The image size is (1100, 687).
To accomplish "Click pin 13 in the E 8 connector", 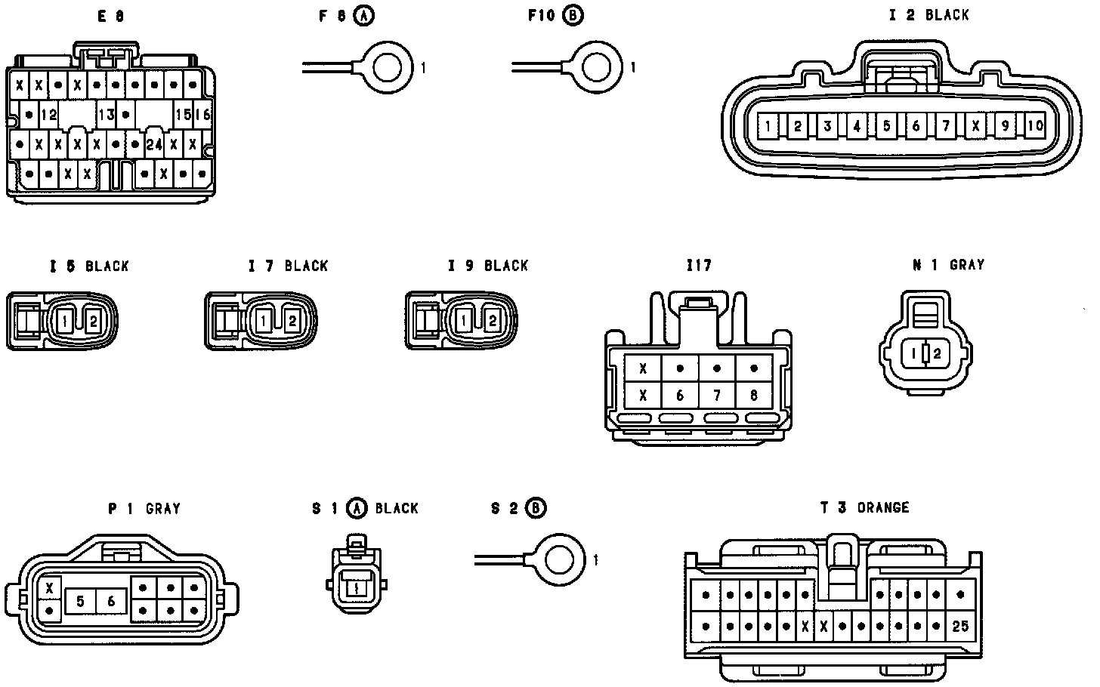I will pos(106,115).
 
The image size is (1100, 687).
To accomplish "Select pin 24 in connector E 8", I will pos(154,143).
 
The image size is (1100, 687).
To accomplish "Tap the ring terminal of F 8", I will pos(388,68).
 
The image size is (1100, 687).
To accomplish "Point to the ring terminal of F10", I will pos(598,68).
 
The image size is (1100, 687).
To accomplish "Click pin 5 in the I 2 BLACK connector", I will pos(886,126).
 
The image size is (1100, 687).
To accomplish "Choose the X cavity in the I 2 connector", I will pos(975,126).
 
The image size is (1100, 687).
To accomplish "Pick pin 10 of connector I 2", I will pos(1035,126).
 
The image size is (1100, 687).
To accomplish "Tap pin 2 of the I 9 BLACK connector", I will pos(492,321).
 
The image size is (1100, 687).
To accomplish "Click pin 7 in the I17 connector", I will pos(716,395).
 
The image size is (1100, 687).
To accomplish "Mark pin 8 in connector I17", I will pos(753,395).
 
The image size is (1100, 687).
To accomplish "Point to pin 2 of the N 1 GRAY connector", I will pos(937,353).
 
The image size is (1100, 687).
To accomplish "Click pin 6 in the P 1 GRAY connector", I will pos(111,601).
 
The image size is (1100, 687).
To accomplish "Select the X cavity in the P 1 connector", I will pos(50,587).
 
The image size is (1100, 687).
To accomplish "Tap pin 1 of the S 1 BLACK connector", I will pos(355,587).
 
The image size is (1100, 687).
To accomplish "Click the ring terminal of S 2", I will pos(560,560).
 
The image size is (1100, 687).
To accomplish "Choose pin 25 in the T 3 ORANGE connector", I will pos(960,626).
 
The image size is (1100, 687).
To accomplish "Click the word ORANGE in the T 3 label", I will pos(883,508).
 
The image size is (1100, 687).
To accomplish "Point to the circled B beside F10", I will pos(573,14).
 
